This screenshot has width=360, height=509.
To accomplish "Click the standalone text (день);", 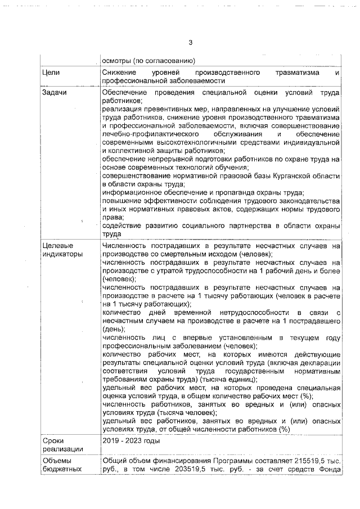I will (114, 329).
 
